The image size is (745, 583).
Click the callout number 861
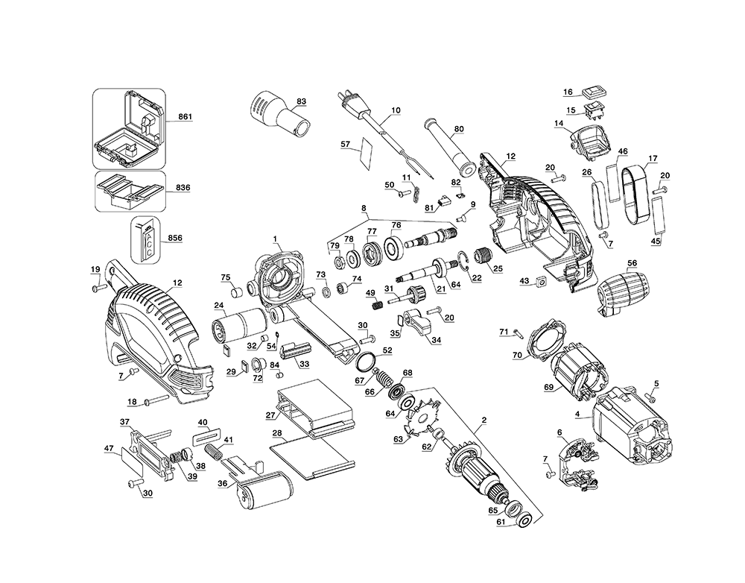pyautogui.click(x=185, y=116)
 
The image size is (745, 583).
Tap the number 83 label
pyautogui.click(x=301, y=101)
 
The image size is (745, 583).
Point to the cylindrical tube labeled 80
pyautogui.click(x=449, y=147)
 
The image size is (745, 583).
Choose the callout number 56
pyautogui.click(x=632, y=263)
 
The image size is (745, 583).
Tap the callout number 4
pyautogui.click(x=577, y=415)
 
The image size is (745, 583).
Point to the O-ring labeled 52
pyautogui.click(x=367, y=362)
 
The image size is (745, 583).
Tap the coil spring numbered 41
pyautogui.click(x=214, y=451)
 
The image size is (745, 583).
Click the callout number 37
pyautogui.click(x=124, y=422)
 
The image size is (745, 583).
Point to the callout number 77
pyautogui.click(x=372, y=231)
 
